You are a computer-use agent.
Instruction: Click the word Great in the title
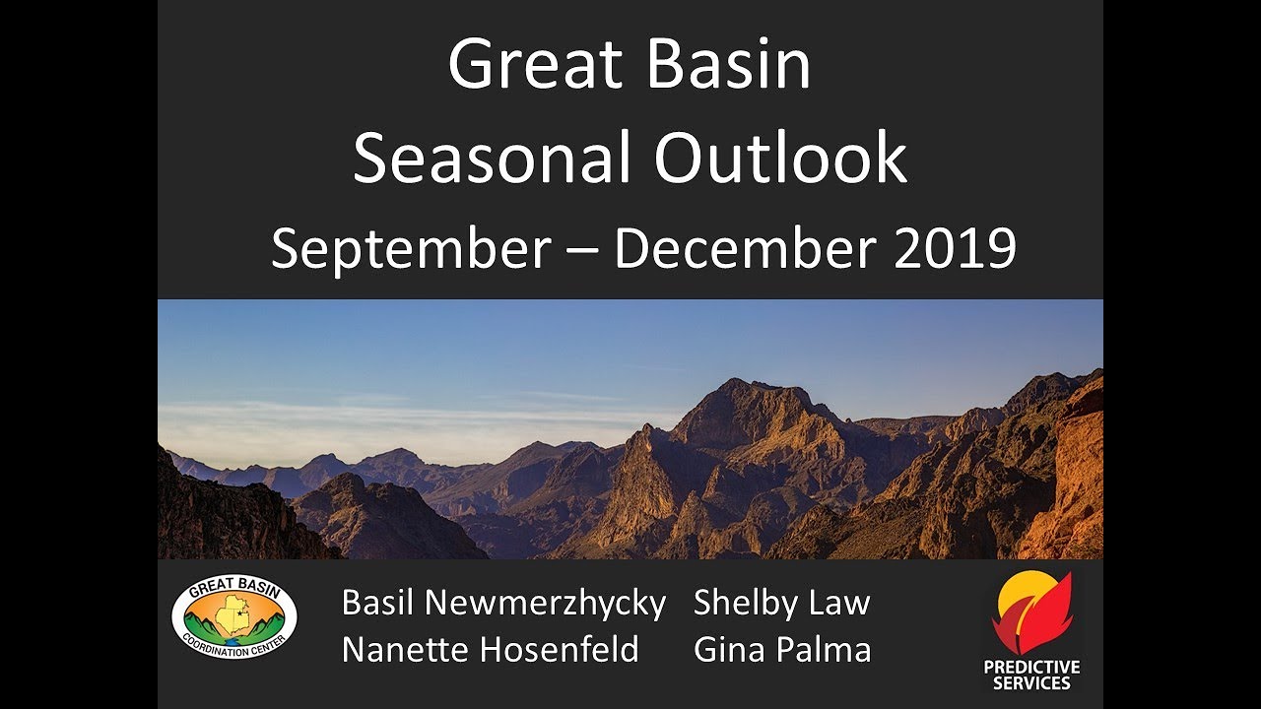tap(537, 65)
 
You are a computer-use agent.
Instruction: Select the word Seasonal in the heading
tap(494, 158)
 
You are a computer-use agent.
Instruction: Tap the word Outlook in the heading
tap(780, 158)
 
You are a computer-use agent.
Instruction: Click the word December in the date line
tap(744, 248)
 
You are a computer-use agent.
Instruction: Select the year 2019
tap(955, 248)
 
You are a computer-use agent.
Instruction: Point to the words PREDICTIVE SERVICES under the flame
tap(1031, 675)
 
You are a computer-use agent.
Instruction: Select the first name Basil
tap(376, 603)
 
